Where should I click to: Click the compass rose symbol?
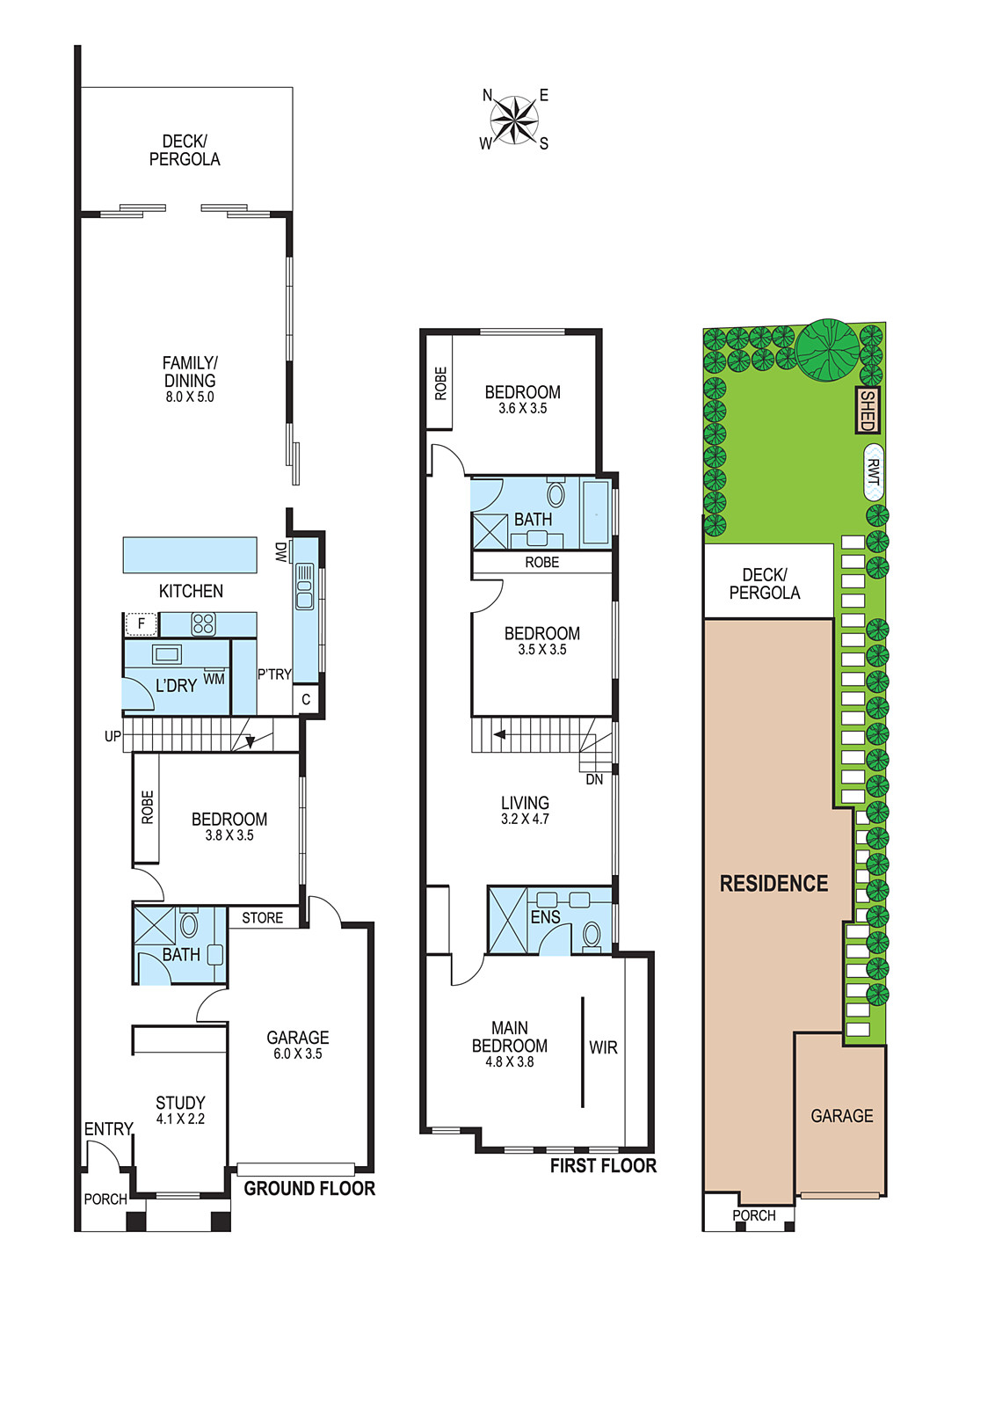click(514, 120)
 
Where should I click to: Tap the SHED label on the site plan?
click(868, 411)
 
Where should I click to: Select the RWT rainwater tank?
click(873, 472)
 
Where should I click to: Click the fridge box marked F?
click(141, 624)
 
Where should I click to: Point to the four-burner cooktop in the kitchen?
click(203, 624)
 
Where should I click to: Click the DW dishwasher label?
click(280, 553)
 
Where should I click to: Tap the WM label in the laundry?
click(214, 679)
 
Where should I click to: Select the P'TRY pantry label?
click(273, 674)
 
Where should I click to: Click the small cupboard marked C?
click(306, 700)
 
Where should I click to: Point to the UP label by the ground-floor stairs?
click(113, 736)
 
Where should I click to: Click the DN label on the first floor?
click(594, 779)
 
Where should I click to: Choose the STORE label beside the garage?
click(262, 918)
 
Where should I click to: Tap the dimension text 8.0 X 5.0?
click(190, 397)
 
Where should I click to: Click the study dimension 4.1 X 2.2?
click(180, 1119)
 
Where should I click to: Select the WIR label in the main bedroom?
click(603, 1047)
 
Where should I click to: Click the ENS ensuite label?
click(545, 917)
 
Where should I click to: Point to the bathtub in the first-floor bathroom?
click(596, 512)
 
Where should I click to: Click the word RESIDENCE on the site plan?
click(773, 884)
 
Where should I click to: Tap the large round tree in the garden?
click(827, 349)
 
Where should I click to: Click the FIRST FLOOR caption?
click(603, 1166)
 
